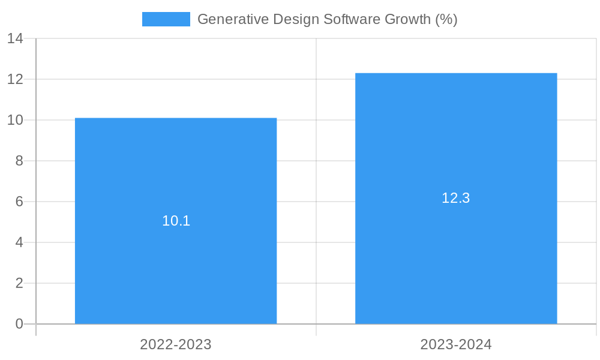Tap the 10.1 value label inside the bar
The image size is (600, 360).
click(x=176, y=221)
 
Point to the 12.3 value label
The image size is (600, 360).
click(x=456, y=198)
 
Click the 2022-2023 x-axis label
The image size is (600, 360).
click(x=176, y=344)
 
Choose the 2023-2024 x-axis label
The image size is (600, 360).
click(x=456, y=344)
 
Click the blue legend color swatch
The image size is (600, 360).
click(x=166, y=19)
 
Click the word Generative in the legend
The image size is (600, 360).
click(x=233, y=19)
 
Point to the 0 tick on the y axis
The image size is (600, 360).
click(x=19, y=324)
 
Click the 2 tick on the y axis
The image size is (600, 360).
click(x=19, y=283)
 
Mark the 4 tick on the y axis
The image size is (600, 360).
click(x=19, y=242)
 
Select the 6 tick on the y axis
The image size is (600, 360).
click(x=19, y=202)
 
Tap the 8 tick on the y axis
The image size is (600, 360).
click(x=19, y=161)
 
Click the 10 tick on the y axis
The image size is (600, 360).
click(x=16, y=120)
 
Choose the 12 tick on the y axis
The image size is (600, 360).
click(x=16, y=79)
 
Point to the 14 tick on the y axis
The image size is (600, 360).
click(x=16, y=38)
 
